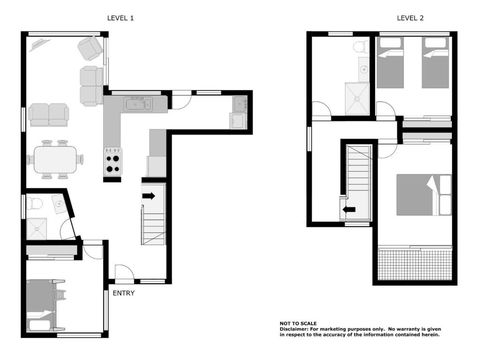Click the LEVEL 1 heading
[120, 18]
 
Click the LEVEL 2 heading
[410, 18]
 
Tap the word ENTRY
[123, 293]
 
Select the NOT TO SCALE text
[298, 323]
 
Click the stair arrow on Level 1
[149, 196]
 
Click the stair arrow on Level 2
[349, 210]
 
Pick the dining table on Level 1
[56, 159]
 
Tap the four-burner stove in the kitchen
[112, 162]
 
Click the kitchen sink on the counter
[138, 104]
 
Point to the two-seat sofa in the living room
[49, 115]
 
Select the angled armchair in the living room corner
[90, 49]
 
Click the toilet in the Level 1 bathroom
[34, 203]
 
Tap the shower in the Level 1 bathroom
[37, 229]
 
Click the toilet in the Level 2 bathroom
[360, 47]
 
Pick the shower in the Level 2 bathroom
[357, 99]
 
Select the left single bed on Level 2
[390, 63]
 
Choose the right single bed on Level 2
[435, 63]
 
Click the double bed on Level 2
[424, 195]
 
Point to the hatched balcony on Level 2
[415, 264]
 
